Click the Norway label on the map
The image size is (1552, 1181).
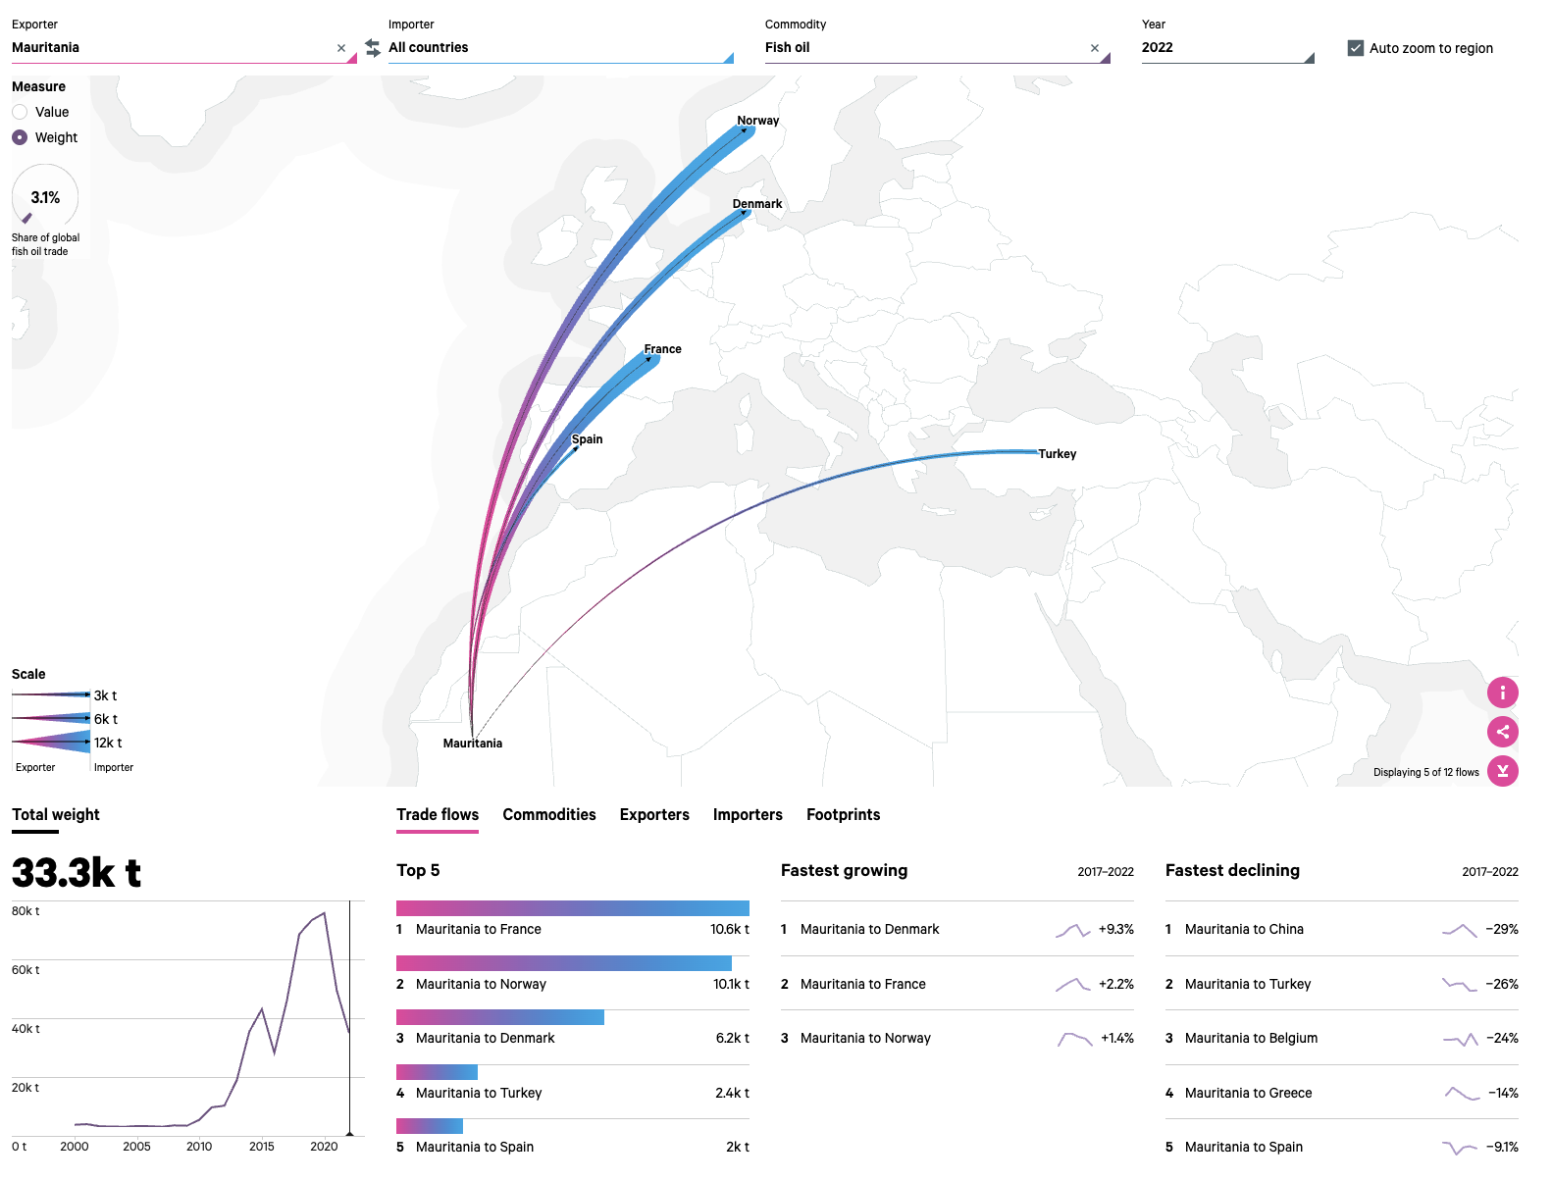(x=757, y=121)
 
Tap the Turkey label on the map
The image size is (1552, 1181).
(x=1057, y=454)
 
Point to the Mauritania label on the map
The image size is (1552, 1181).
(x=472, y=744)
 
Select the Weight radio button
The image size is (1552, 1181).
(x=20, y=137)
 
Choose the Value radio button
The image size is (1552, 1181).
(x=20, y=112)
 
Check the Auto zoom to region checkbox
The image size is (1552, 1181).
(x=1356, y=48)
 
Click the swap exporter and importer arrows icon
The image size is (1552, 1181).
(x=373, y=47)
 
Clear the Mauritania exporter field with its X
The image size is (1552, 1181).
(x=341, y=48)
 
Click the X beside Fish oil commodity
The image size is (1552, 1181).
(x=1095, y=48)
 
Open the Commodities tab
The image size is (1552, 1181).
(x=549, y=815)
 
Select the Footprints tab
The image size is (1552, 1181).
(x=843, y=815)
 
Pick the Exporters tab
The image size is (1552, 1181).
(x=654, y=815)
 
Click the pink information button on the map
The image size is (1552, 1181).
(x=1502, y=693)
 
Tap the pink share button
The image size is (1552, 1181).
(x=1502, y=732)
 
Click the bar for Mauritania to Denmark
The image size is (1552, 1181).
(x=500, y=1017)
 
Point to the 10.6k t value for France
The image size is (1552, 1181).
(x=729, y=930)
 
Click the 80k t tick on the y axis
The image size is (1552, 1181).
(x=26, y=911)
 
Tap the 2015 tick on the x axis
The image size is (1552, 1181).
(x=262, y=1147)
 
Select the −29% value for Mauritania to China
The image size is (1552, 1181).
(x=1501, y=930)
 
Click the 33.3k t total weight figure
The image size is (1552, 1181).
(x=77, y=872)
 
